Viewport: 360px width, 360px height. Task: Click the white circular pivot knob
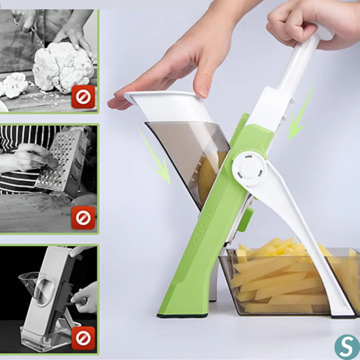pyautogui.click(x=250, y=168)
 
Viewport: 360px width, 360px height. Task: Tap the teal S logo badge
pyautogui.click(x=347, y=347)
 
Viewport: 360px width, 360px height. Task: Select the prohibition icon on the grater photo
pyautogui.click(x=83, y=218)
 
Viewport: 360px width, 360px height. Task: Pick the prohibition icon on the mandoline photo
pyautogui.click(x=83, y=338)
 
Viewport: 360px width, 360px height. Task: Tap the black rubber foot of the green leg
pyautogui.click(x=183, y=315)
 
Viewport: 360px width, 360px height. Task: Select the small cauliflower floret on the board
pyautogui.click(x=15, y=85)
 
